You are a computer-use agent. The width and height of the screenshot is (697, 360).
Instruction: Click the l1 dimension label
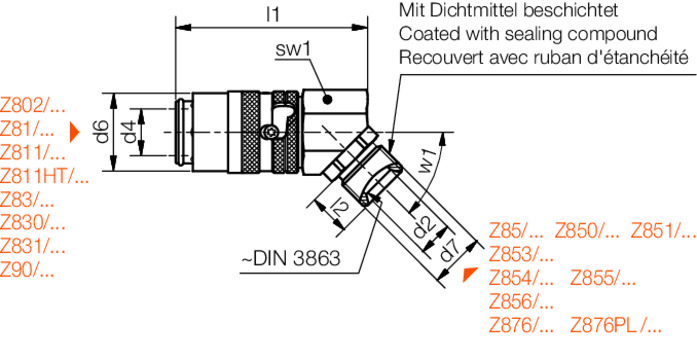point(272,15)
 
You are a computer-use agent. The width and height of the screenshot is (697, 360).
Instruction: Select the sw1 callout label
point(292,50)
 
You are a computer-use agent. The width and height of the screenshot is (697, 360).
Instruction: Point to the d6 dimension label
point(103,132)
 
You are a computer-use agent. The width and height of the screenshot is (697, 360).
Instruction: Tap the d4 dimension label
point(129,132)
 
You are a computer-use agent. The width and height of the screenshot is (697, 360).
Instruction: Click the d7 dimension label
point(449,250)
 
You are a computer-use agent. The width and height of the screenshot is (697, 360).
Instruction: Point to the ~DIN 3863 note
point(291,258)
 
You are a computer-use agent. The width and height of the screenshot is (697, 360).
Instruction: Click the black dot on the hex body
point(327,100)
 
